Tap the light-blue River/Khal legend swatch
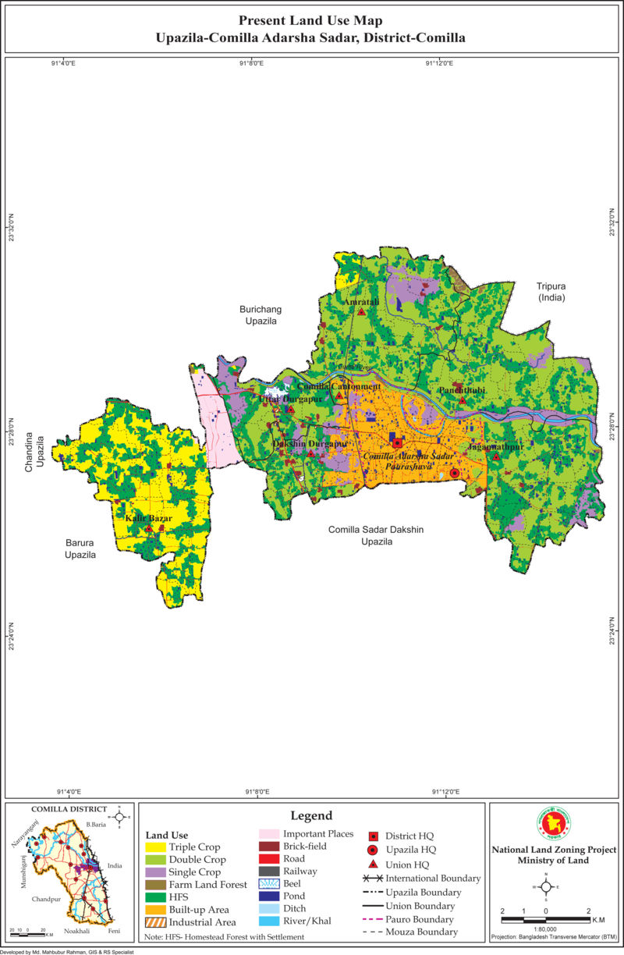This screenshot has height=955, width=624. click(x=269, y=921)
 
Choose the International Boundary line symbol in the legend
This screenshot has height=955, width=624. click(x=373, y=879)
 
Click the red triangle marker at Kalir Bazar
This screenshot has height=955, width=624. click(x=148, y=528)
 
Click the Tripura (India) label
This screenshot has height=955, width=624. click(x=550, y=292)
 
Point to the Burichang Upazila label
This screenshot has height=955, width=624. click(x=258, y=315)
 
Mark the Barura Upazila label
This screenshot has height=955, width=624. click(x=80, y=548)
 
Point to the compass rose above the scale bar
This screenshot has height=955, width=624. click(x=546, y=886)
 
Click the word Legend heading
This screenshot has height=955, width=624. click(x=311, y=815)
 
